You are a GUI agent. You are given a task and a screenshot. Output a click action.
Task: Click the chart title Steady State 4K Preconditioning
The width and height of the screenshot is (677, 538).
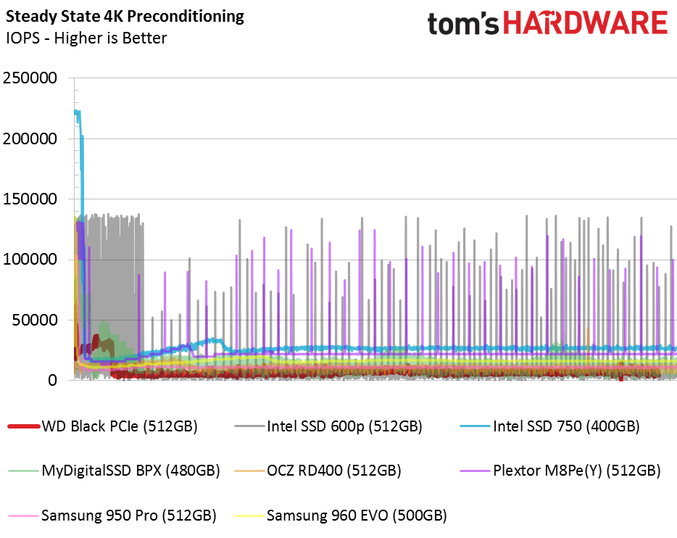click(125, 16)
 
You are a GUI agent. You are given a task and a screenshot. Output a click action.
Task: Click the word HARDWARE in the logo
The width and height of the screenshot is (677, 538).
click(585, 23)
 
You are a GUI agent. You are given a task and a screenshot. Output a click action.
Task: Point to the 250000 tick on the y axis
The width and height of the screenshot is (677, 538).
click(30, 78)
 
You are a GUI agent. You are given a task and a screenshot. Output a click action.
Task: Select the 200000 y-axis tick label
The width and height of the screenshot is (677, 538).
click(30, 138)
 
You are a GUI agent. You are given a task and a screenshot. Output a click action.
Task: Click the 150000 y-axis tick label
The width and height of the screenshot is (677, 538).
click(30, 199)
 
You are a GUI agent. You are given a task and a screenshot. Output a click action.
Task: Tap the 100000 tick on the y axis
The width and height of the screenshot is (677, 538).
click(30, 260)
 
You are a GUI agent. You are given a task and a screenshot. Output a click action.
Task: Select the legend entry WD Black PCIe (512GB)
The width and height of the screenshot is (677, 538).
click(120, 426)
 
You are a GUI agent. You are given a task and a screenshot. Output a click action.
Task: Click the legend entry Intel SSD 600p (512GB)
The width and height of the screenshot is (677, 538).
click(344, 426)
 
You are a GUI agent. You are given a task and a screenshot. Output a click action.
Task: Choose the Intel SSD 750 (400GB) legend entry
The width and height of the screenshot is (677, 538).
click(566, 426)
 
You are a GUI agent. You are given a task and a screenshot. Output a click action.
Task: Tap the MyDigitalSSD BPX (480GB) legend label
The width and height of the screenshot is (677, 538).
click(130, 471)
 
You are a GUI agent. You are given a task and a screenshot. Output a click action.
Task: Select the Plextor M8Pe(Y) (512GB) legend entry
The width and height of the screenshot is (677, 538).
click(576, 471)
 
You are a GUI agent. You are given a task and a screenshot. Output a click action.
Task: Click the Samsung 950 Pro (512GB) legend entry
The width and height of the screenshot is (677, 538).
click(129, 516)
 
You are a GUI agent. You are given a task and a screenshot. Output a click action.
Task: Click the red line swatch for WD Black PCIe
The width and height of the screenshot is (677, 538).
click(22, 426)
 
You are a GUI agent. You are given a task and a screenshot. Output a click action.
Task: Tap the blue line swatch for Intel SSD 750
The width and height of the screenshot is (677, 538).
click(474, 426)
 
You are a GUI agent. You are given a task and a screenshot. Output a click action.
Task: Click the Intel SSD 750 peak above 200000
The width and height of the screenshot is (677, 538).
click(78, 112)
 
